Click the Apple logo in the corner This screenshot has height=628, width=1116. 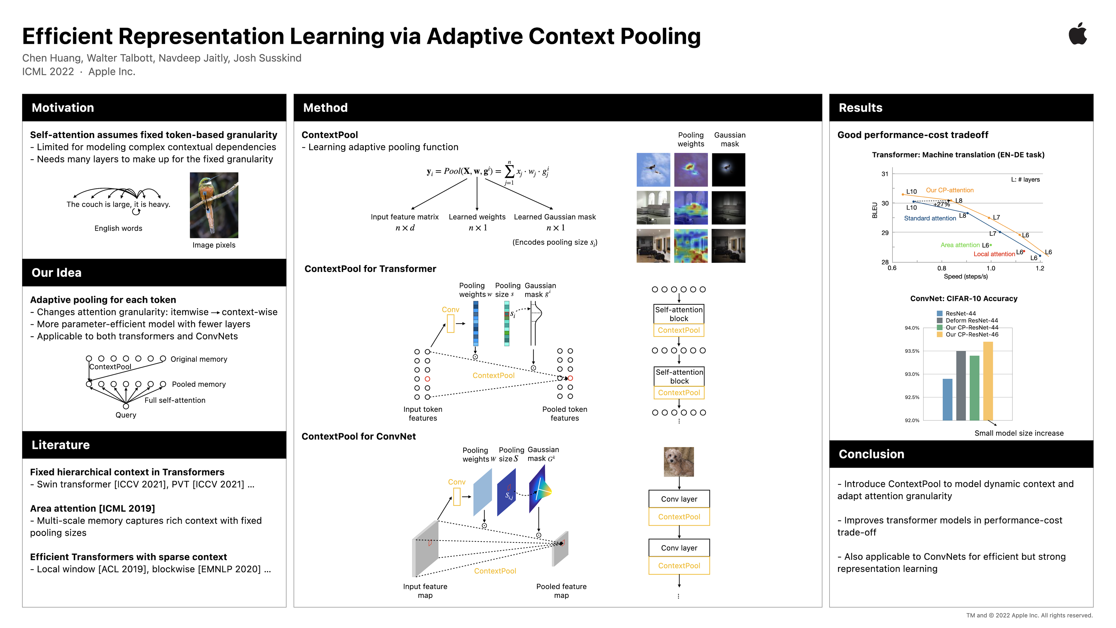click(1077, 34)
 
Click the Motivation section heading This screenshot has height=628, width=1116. click(63, 108)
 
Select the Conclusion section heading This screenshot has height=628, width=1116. click(871, 454)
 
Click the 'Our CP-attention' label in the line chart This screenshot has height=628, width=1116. click(950, 190)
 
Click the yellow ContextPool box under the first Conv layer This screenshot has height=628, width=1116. click(679, 517)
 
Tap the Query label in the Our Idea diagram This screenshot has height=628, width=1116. click(126, 415)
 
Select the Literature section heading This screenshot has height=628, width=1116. click(61, 445)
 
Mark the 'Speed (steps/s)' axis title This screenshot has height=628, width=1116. click(966, 276)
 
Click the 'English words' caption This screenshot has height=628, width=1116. click(118, 228)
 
